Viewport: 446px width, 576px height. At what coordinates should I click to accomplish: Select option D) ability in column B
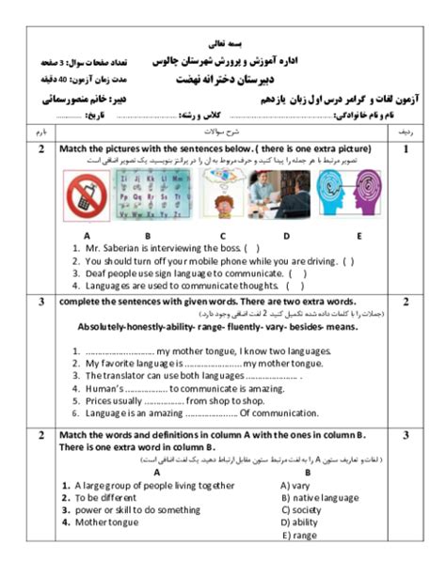click(300, 522)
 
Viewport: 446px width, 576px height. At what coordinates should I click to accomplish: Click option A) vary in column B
click(295, 485)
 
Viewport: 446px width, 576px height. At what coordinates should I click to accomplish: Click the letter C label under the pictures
click(223, 235)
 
